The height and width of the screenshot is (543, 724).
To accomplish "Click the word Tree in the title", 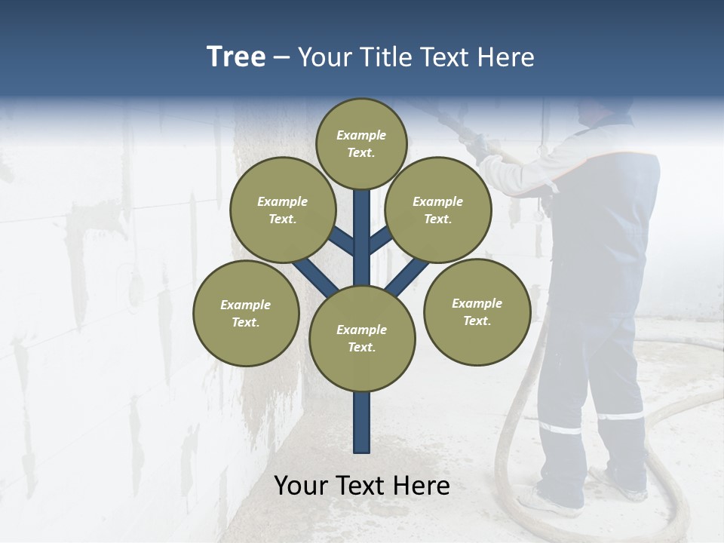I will (236, 57).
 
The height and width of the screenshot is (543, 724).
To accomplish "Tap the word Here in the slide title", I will (505, 57).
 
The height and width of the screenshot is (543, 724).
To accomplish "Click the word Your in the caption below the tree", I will (301, 486).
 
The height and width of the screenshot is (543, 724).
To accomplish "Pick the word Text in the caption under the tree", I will (363, 486).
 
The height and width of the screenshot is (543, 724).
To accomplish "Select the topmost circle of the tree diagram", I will (361, 143).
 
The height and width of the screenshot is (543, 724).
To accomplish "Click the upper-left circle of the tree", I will (282, 210).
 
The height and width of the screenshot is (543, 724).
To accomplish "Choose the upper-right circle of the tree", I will (438, 210).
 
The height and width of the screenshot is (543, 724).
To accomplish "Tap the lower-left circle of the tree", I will (246, 313).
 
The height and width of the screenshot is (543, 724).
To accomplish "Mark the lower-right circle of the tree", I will (477, 311).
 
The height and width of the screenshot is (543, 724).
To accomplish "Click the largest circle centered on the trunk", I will (362, 339).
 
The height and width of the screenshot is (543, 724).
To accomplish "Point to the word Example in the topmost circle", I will (361, 135).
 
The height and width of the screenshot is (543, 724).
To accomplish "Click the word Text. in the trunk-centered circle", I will (361, 347).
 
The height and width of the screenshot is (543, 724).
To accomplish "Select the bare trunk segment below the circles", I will (362, 422).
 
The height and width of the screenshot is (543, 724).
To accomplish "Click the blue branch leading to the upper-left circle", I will (341, 242).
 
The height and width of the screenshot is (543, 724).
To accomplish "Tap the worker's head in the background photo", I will (603, 111).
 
